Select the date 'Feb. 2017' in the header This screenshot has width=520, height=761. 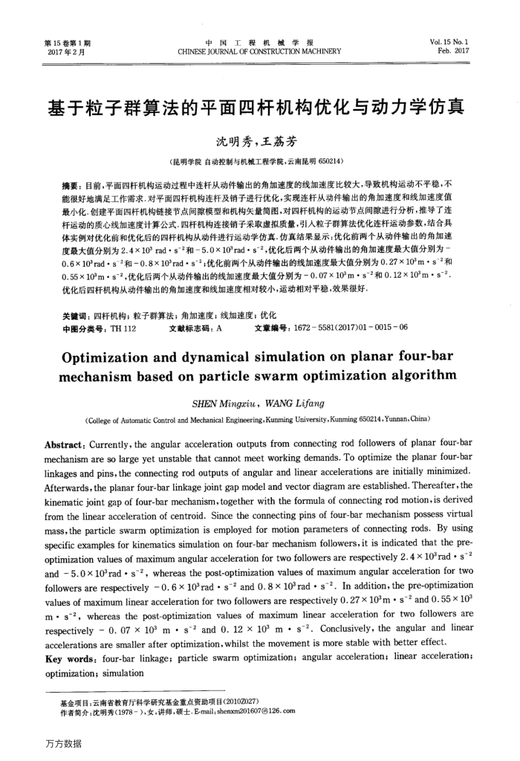pos(460,52)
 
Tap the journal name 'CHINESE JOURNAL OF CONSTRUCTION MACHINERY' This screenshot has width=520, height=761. pos(259,52)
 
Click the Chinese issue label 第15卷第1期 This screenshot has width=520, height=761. pos(63,43)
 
